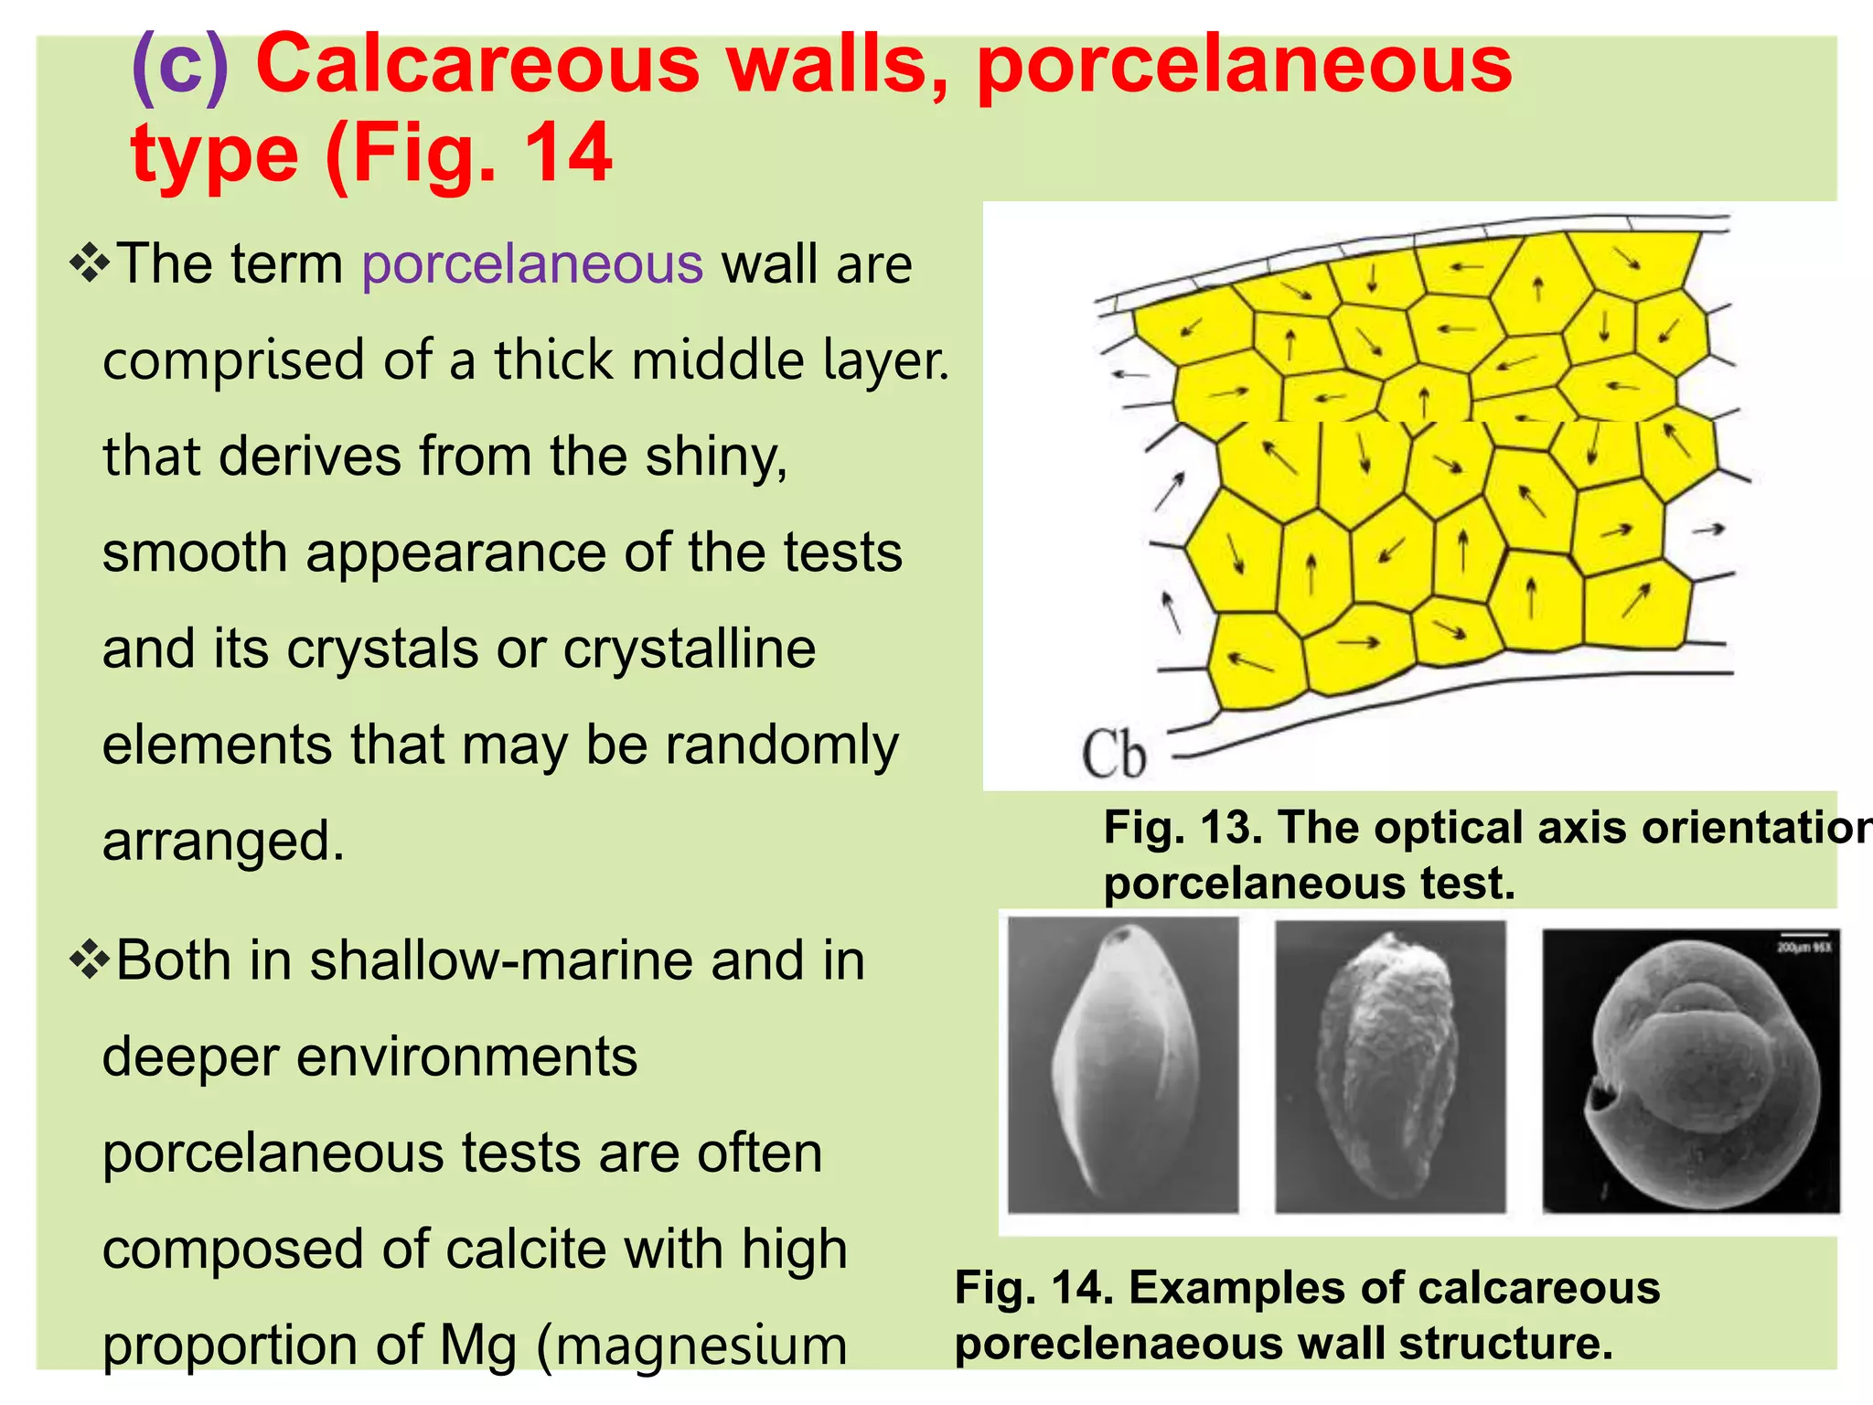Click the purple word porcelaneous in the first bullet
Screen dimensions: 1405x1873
[x=532, y=265]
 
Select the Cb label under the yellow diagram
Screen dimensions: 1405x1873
[x=1113, y=756]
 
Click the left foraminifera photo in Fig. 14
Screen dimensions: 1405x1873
[x=1122, y=1066]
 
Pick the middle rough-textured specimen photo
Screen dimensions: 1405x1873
[x=1389, y=1066]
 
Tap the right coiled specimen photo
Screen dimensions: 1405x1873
[x=1690, y=1070]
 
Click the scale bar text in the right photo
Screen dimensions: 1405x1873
[x=1803, y=948]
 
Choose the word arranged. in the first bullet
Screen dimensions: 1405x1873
[x=223, y=842]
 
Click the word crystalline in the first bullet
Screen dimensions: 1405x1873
[x=689, y=649]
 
